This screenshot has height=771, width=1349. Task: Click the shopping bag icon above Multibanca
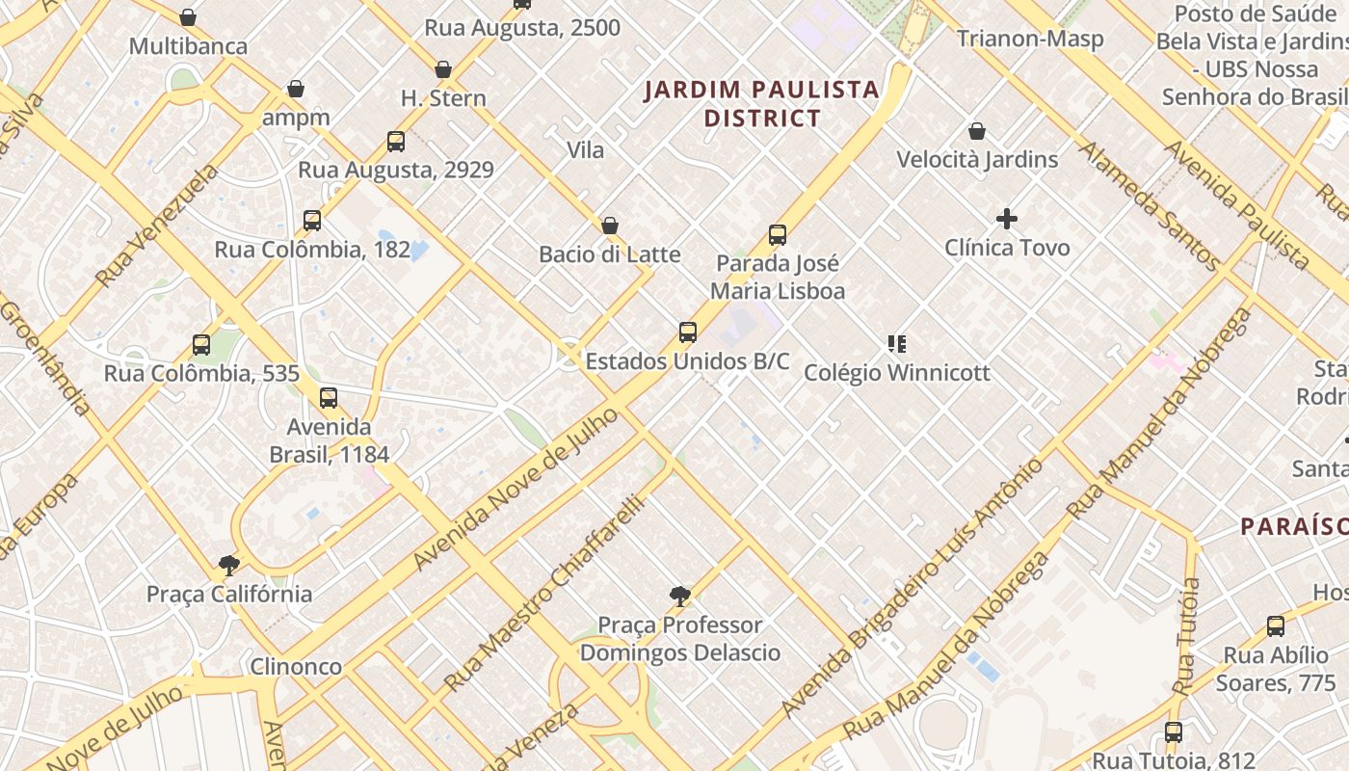[188, 17]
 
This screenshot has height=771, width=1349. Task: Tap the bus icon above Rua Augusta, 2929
[395, 142]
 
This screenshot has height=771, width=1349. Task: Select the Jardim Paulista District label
[761, 104]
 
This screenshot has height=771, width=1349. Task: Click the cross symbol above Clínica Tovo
[1007, 220]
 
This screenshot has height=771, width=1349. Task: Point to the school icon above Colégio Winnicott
[897, 344]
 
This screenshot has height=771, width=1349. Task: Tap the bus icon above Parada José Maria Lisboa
[778, 235]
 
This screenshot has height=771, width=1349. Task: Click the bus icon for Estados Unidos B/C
[687, 332]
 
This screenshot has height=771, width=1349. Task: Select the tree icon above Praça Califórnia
[228, 565]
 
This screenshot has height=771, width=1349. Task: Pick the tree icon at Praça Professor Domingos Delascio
[679, 597]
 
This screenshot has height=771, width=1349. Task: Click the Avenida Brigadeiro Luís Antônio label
[912, 588]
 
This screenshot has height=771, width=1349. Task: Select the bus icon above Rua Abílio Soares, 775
[1275, 626]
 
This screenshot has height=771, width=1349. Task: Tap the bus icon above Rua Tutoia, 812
[1173, 732]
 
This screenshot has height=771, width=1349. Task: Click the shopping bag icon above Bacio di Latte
[609, 226]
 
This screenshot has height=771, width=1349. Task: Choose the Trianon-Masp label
[1030, 39]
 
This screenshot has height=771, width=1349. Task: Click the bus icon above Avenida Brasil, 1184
[329, 397]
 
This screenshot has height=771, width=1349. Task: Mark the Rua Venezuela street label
[157, 226]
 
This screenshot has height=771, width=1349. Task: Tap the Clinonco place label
[296, 666]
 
